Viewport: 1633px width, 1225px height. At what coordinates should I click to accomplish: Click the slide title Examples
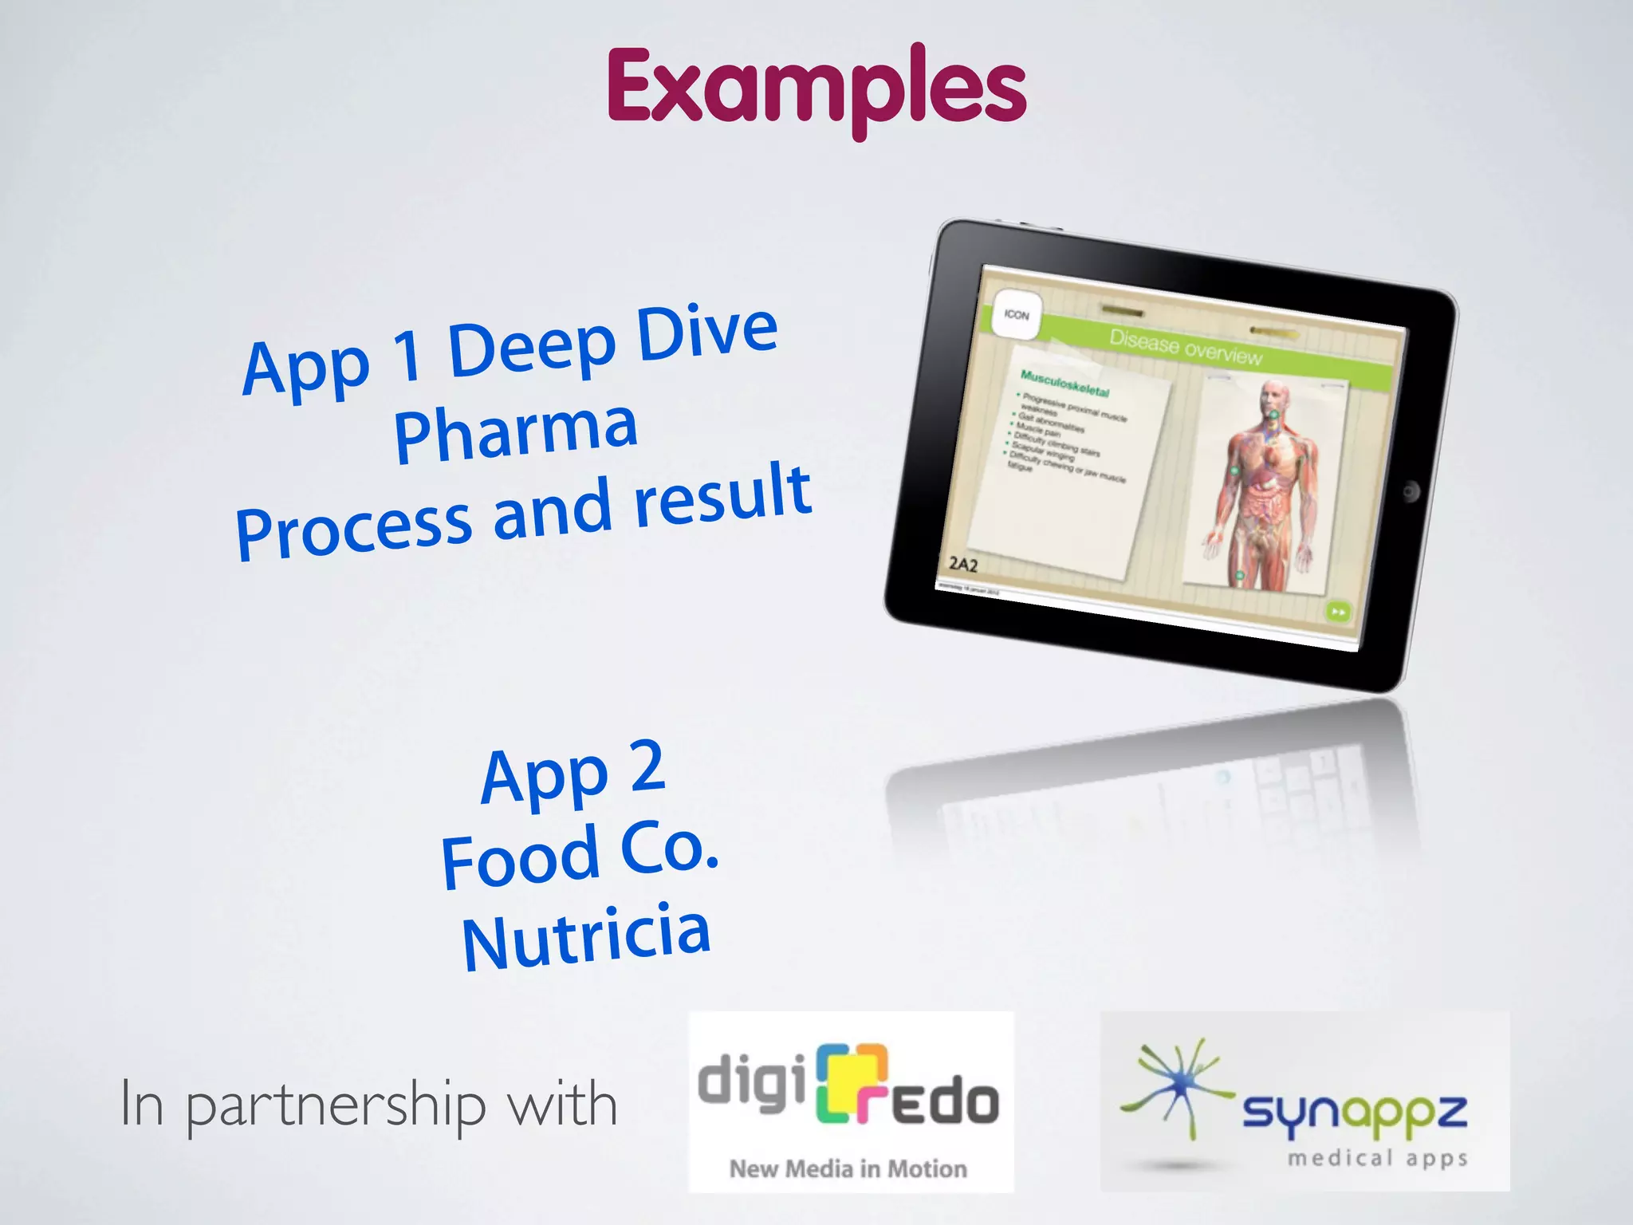(816, 88)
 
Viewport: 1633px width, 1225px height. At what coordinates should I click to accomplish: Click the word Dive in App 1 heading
(707, 333)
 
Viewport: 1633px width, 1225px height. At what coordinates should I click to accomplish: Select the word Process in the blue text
(355, 529)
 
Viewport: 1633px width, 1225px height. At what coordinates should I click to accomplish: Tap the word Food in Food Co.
(520, 859)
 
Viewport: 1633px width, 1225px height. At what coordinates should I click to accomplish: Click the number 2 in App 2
(647, 766)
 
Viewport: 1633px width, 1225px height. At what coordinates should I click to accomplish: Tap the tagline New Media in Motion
(848, 1168)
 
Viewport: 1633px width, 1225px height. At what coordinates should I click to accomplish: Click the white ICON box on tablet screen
(1017, 315)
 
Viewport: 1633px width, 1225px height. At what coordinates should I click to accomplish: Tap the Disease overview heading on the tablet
(1186, 349)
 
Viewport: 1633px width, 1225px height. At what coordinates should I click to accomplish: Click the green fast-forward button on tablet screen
(1337, 612)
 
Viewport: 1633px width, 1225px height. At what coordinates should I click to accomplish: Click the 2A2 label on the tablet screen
(962, 565)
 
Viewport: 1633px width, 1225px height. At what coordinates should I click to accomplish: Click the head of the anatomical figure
(1273, 397)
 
